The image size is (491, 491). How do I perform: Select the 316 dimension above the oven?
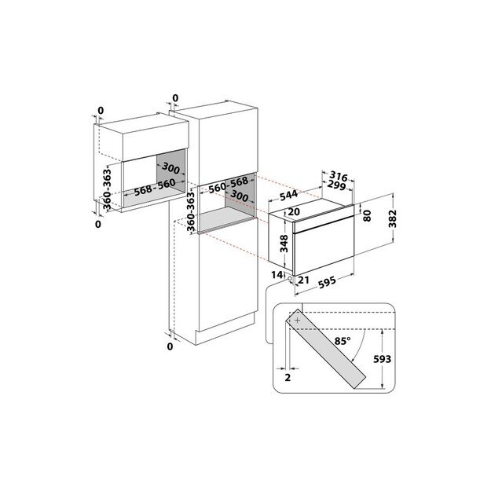pyautogui.click(x=338, y=175)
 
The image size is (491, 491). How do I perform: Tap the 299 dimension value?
pyautogui.click(x=339, y=186)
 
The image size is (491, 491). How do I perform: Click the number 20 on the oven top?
pyautogui.click(x=294, y=211)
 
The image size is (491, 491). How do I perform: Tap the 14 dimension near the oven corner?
pyautogui.click(x=277, y=274)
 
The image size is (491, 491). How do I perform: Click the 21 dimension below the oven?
pyautogui.click(x=304, y=280)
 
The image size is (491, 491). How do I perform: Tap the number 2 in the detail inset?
pyautogui.click(x=288, y=377)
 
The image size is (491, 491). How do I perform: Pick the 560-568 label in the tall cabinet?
pyautogui.click(x=229, y=184)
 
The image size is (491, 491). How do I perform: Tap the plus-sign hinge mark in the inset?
pyautogui.click(x=298, y=320)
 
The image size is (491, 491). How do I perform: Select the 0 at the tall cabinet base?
pyautogui.click(x=170, y=346)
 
